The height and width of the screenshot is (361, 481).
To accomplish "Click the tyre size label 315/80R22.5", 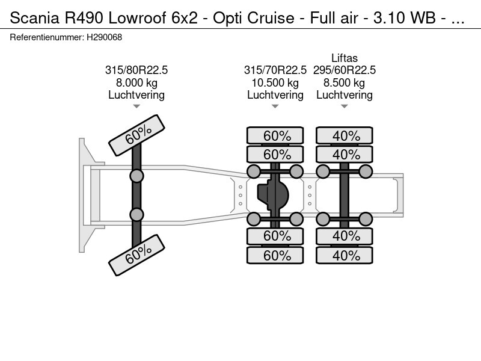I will (x=136, y=70).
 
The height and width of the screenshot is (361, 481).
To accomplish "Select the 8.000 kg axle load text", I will (x=136, y=82).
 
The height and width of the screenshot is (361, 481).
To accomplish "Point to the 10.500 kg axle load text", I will (x=275, y=82).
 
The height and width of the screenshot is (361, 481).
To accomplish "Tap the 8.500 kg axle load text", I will (x=345, y=82).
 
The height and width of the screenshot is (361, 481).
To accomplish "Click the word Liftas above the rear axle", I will (x=345, y=58).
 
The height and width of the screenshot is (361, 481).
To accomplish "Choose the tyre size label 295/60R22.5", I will (x=345, y=70).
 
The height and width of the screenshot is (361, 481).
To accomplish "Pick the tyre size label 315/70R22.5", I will (x=275, y=70).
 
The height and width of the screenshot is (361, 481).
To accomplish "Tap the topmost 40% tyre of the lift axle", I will (x=345, y=136).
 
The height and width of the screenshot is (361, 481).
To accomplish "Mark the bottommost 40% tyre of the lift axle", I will (x=345, y=256).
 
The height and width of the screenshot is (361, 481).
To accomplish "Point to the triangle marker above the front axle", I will (x=136, y=106).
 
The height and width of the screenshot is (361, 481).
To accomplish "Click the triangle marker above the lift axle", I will (x=345, y=106).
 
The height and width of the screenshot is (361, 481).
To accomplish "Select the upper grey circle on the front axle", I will (x=136, y=176).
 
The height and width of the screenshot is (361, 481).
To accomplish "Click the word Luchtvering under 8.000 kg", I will (x=136, y=95).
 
